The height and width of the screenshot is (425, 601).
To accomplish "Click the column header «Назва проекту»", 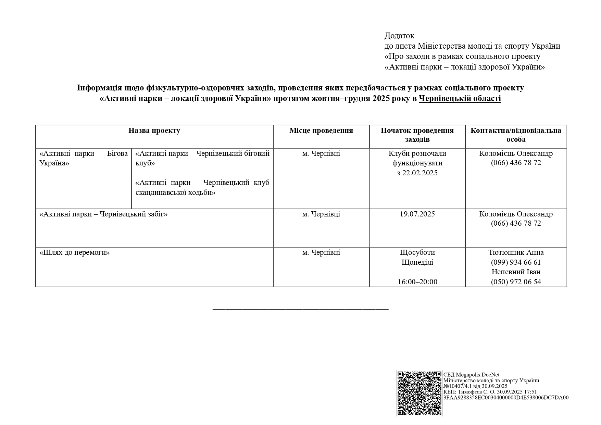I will click(154, 130).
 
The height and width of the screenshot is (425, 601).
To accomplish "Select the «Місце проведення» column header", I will click(321, 130).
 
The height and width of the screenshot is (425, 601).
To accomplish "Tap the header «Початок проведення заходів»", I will click(417, 135).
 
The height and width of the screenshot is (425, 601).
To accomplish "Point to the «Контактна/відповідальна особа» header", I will click(516, 135).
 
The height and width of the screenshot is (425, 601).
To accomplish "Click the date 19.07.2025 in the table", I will click(417, 214).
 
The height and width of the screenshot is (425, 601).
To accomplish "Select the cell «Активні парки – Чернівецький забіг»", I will click(103, 214).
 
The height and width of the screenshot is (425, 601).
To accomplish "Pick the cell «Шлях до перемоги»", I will click(75, 253).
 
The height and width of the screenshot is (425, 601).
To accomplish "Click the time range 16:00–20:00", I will click(417, 282).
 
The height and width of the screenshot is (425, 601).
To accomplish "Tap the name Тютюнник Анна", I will click(516, 252).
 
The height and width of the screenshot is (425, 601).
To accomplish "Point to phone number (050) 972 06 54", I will click(516, 282).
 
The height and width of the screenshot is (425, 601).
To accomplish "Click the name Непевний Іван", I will click(516, 272).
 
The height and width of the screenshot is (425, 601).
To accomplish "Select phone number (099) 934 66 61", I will click(516, 262).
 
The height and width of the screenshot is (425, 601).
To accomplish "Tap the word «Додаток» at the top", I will click(399, 36).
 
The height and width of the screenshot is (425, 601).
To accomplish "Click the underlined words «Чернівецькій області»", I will click(460, 99).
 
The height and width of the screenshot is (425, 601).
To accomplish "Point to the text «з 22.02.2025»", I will click(417, 173).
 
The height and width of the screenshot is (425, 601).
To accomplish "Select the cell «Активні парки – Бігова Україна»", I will click(84, 158).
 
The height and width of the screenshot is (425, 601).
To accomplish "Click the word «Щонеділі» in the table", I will click(417, 262).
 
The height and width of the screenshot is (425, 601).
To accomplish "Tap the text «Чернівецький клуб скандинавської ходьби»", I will click(202, 187).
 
